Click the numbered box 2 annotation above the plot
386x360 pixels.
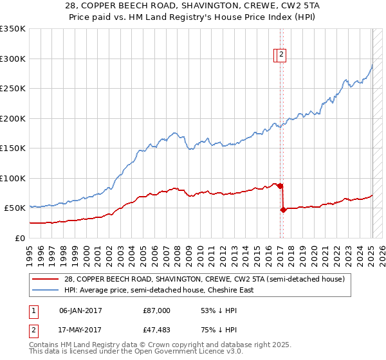click(282, 56)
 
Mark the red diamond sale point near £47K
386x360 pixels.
click(283, 210)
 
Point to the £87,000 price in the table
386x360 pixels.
click(156, 310)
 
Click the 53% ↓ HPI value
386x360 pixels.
click(219, 310)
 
